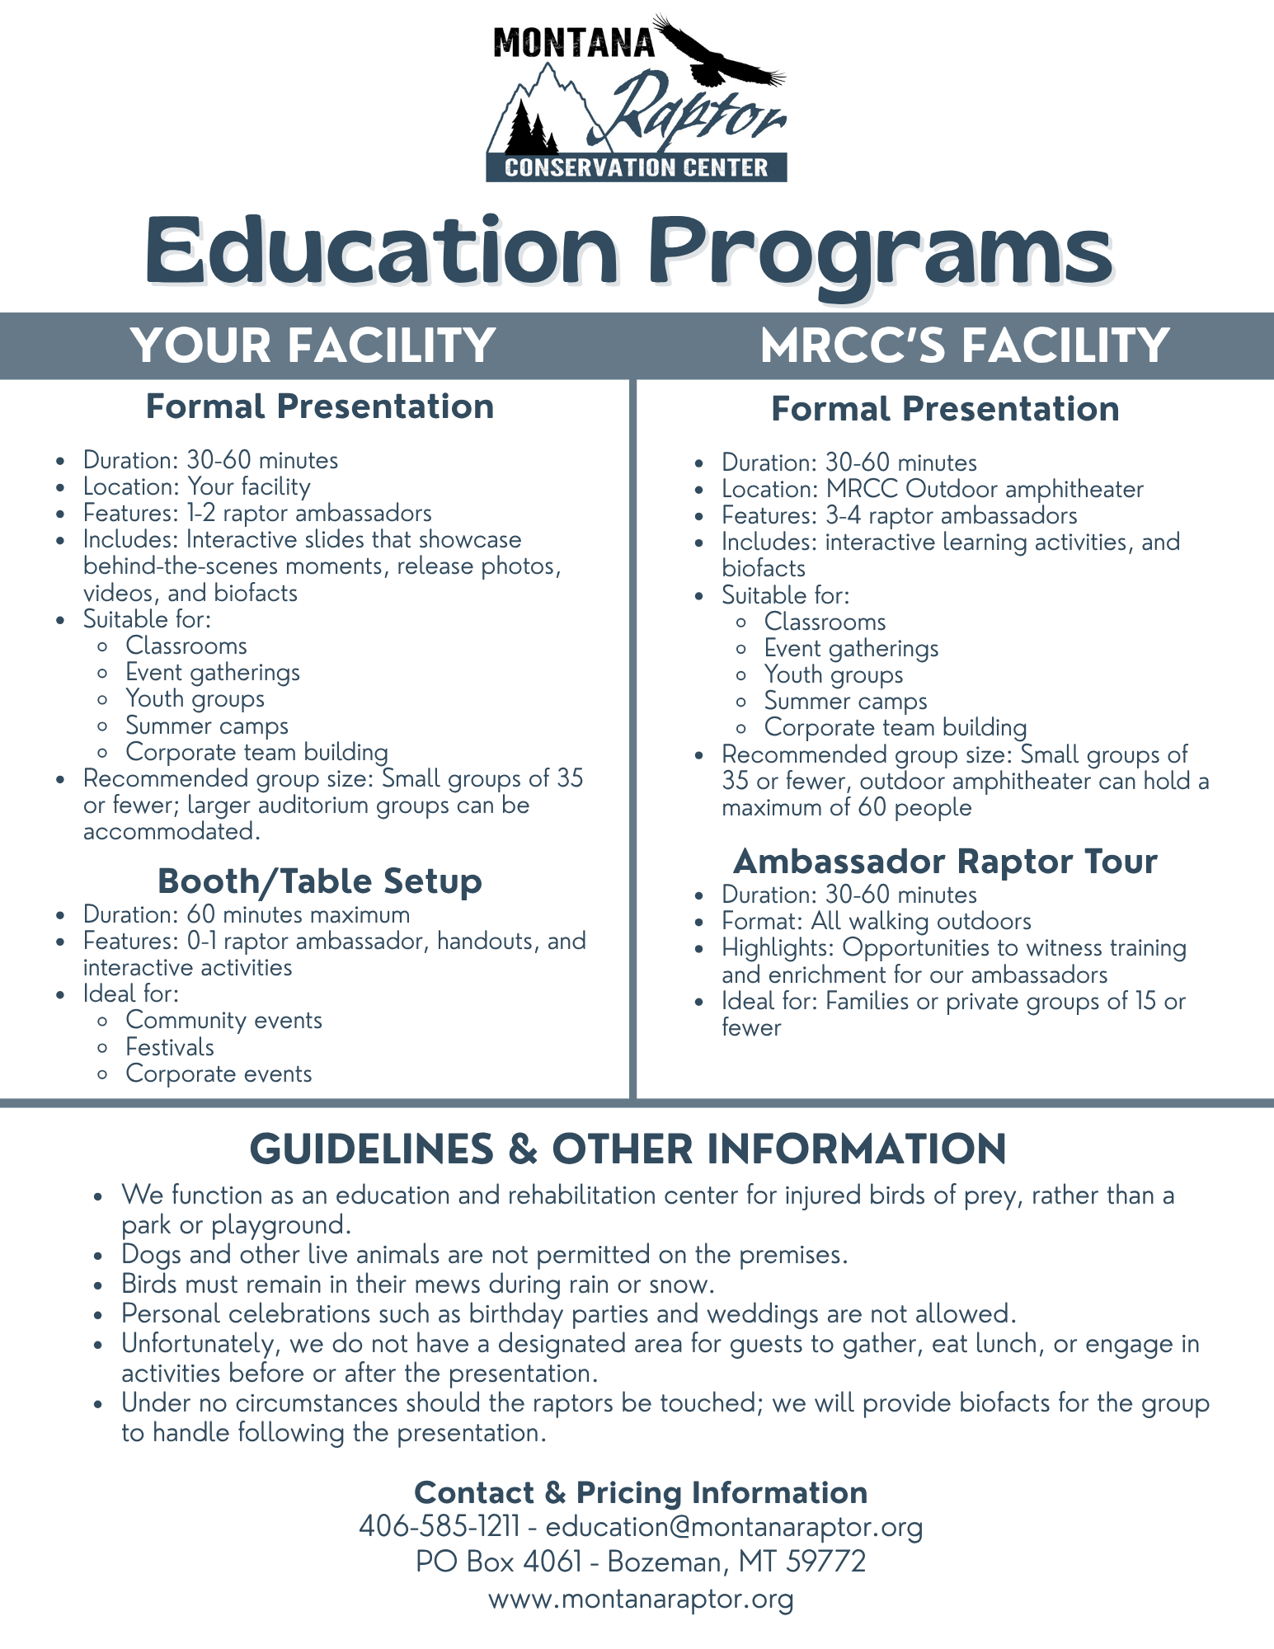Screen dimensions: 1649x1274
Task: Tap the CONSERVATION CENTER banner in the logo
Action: click(637, 168)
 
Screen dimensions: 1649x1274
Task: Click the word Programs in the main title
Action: click(879, 251)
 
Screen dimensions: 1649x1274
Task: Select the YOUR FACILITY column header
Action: click(313, 345)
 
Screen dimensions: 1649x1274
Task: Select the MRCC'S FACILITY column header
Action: click(964, 345)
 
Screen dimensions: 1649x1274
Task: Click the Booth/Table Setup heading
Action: click(320, 881)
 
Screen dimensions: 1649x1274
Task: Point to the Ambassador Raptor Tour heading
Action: click(945, 862)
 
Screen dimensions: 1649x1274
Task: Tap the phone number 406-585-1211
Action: click(439, 1527)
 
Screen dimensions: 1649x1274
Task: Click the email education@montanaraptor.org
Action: click(734, 1527)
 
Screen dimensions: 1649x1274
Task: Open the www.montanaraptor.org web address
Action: click(641, 1599)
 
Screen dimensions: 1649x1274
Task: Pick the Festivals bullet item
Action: click(170, 1047)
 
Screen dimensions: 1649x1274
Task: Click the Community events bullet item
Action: click(223, 1021)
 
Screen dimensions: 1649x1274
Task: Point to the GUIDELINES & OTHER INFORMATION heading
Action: click(628, 1149)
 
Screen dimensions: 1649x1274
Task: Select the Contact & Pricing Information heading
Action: click(641, 1492)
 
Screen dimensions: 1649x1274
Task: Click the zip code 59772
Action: click(826, 1562)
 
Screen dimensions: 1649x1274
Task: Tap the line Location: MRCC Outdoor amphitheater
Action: click(932, 490)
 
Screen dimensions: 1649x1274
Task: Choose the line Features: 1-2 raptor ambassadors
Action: click(257, 514)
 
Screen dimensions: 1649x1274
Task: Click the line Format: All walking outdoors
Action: click(876, 922)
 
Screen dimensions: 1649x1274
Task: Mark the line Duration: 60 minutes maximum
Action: click(246, 915)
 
